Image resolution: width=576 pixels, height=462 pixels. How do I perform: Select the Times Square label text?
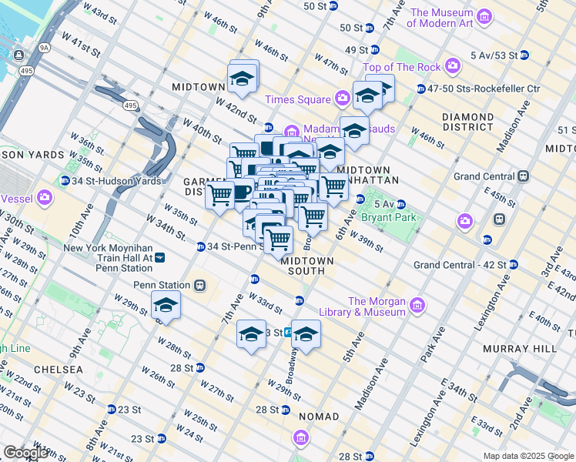coord(296,99)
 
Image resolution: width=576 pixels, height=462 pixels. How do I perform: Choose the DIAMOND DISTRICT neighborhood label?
coord(467,122)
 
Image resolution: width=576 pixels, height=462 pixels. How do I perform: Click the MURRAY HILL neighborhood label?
coord(520,349)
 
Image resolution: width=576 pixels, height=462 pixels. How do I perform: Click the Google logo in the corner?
coord(25,453)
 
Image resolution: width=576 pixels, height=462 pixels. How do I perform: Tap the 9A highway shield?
coord(45,48)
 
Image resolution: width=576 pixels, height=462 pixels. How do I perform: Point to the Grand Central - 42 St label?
coord(460,265)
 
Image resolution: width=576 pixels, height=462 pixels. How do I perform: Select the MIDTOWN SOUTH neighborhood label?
coord(307,266)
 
